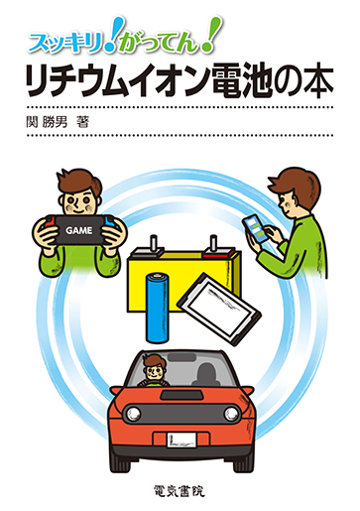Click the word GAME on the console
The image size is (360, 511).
(79, 230)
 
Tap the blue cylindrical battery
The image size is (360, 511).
(158, 308)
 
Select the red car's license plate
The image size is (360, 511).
(180, 440)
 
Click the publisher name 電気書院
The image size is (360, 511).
(180, 490)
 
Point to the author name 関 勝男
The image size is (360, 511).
(47, 122)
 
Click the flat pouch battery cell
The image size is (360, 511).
(219, 309)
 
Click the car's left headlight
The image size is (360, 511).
(133, 413)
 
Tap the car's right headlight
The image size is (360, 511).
(231, 413)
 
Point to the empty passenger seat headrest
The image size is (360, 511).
(206, 371)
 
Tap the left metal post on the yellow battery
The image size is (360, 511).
(154, 244)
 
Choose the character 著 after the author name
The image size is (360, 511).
(82, 122)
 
